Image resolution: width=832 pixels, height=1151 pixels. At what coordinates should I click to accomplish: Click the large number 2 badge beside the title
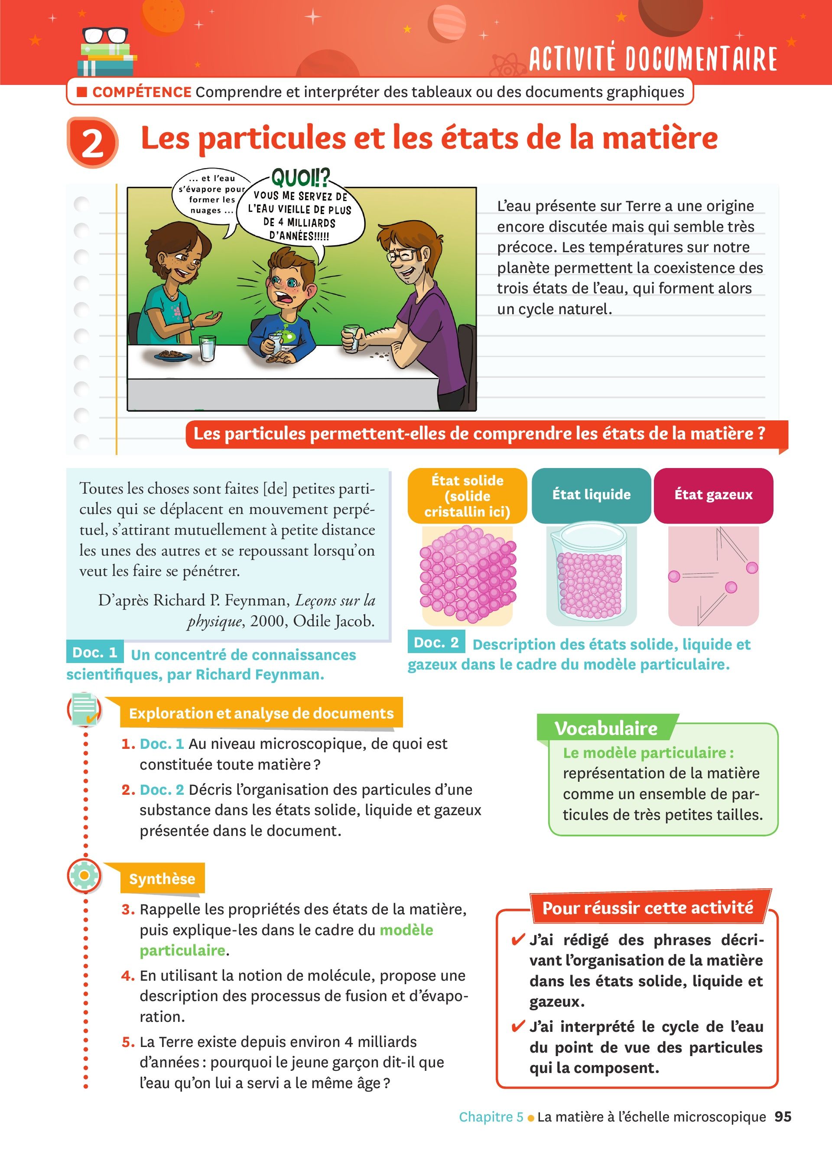tap(92, 143)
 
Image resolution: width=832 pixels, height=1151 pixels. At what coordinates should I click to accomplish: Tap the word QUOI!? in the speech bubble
tap(300, 179)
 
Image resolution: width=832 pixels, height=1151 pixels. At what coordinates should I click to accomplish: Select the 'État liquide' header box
tap(591, 495)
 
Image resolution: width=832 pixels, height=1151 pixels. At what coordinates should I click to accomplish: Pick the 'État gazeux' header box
tap(713, 495)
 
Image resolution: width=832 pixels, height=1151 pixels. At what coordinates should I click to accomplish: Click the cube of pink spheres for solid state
tap(468, 574)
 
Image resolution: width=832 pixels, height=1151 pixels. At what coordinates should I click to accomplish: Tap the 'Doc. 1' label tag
tap(95, 652)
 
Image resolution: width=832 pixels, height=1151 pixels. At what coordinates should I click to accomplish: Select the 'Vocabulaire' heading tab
tap(606, 728)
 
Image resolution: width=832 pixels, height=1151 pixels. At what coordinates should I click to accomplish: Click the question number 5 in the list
tap(128, 1042)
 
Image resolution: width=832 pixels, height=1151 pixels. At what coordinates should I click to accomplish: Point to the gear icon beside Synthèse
tap(84, 875)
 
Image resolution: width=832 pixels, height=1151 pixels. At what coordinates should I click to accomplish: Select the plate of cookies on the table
tap(173, 355)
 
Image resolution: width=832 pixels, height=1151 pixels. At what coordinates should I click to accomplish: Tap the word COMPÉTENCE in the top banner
tap(142, 92)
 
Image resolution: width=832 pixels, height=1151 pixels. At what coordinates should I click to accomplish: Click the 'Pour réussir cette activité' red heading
tap(648, 907)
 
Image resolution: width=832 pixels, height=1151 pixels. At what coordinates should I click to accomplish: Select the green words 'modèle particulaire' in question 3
tap(286, 940)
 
